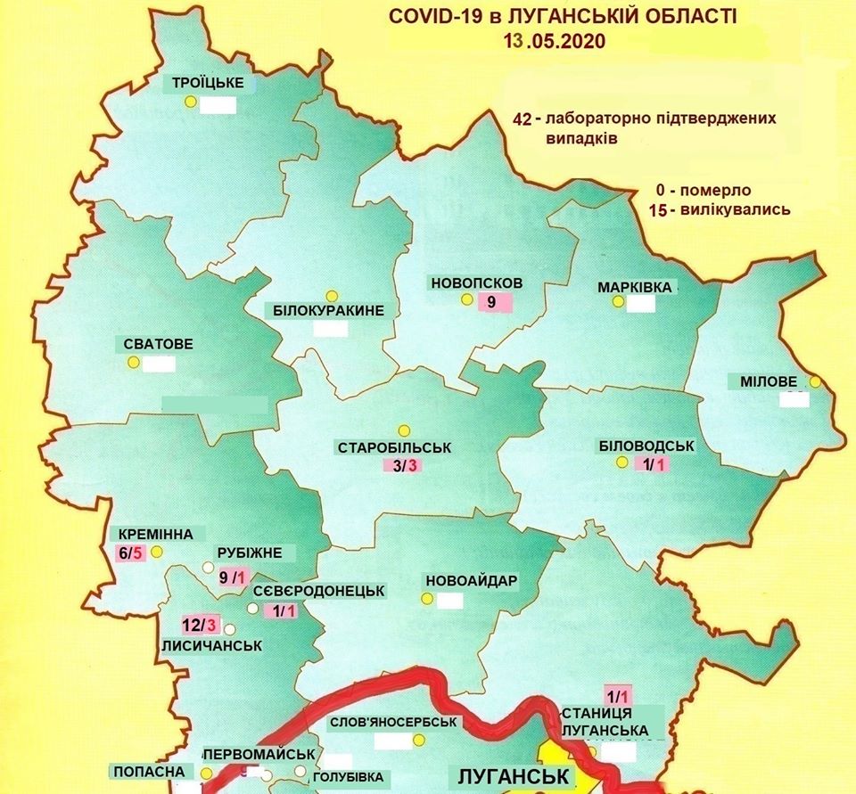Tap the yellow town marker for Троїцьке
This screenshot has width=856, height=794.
[x=190, y=102]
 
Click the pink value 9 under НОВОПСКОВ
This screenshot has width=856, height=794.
[x=490, y=302]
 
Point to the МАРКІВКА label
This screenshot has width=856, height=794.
[x=635, y=288]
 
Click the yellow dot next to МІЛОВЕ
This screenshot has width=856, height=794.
[x=814, y=382]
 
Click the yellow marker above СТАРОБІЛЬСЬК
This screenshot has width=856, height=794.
[x=403, y=430]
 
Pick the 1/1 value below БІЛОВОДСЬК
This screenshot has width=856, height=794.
[x=650, y=464]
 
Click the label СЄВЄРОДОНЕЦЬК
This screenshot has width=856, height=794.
[x=318, y=590]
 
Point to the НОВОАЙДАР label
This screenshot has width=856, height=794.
[x=472, y=580]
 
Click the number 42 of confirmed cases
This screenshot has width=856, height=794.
[x=524, y=119]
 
